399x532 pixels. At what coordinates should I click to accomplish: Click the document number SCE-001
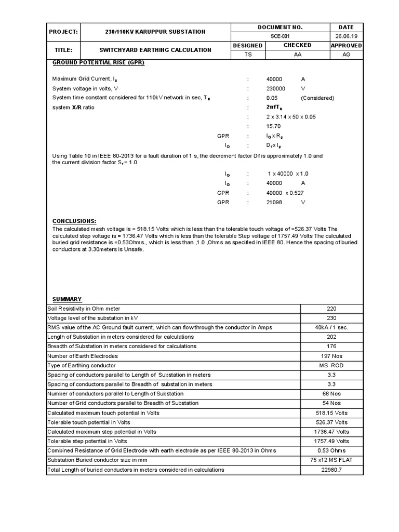click(x=280, y=36)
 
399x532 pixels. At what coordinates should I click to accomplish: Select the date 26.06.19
click(x=345, y=36)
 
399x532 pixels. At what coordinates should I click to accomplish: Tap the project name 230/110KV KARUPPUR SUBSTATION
click(x=155, y=32)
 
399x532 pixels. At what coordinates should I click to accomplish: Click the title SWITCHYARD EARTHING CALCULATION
click(x=155, y=50)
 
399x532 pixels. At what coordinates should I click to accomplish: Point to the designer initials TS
click(x=247, y=55)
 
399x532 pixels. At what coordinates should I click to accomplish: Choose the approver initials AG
click(x=345, y=55)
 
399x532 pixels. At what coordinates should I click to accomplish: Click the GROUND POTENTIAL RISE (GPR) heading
click(x=98, y=63)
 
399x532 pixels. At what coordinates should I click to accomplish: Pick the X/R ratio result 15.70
click(x=274, y=126)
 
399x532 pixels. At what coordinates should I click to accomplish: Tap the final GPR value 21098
click(x=274, y=202)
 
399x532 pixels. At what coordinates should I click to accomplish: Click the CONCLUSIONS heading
click(x=74, y=221)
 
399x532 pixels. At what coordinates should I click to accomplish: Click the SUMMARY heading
click(x=67, y=299)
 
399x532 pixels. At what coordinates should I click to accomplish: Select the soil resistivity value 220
click(x=331, y=309)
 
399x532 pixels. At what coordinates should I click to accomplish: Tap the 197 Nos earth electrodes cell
click(x=331, y=356)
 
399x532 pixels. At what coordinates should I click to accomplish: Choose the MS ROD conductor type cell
click(x=331, y=366)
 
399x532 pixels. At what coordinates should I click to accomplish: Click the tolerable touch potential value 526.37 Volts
click(x=331, y=422)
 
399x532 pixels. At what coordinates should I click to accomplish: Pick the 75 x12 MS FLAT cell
click(x=331, y=460)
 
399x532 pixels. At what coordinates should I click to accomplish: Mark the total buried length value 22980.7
click(x=331, y=470)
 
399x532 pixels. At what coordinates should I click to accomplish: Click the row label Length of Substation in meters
click(x=121, y=337)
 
